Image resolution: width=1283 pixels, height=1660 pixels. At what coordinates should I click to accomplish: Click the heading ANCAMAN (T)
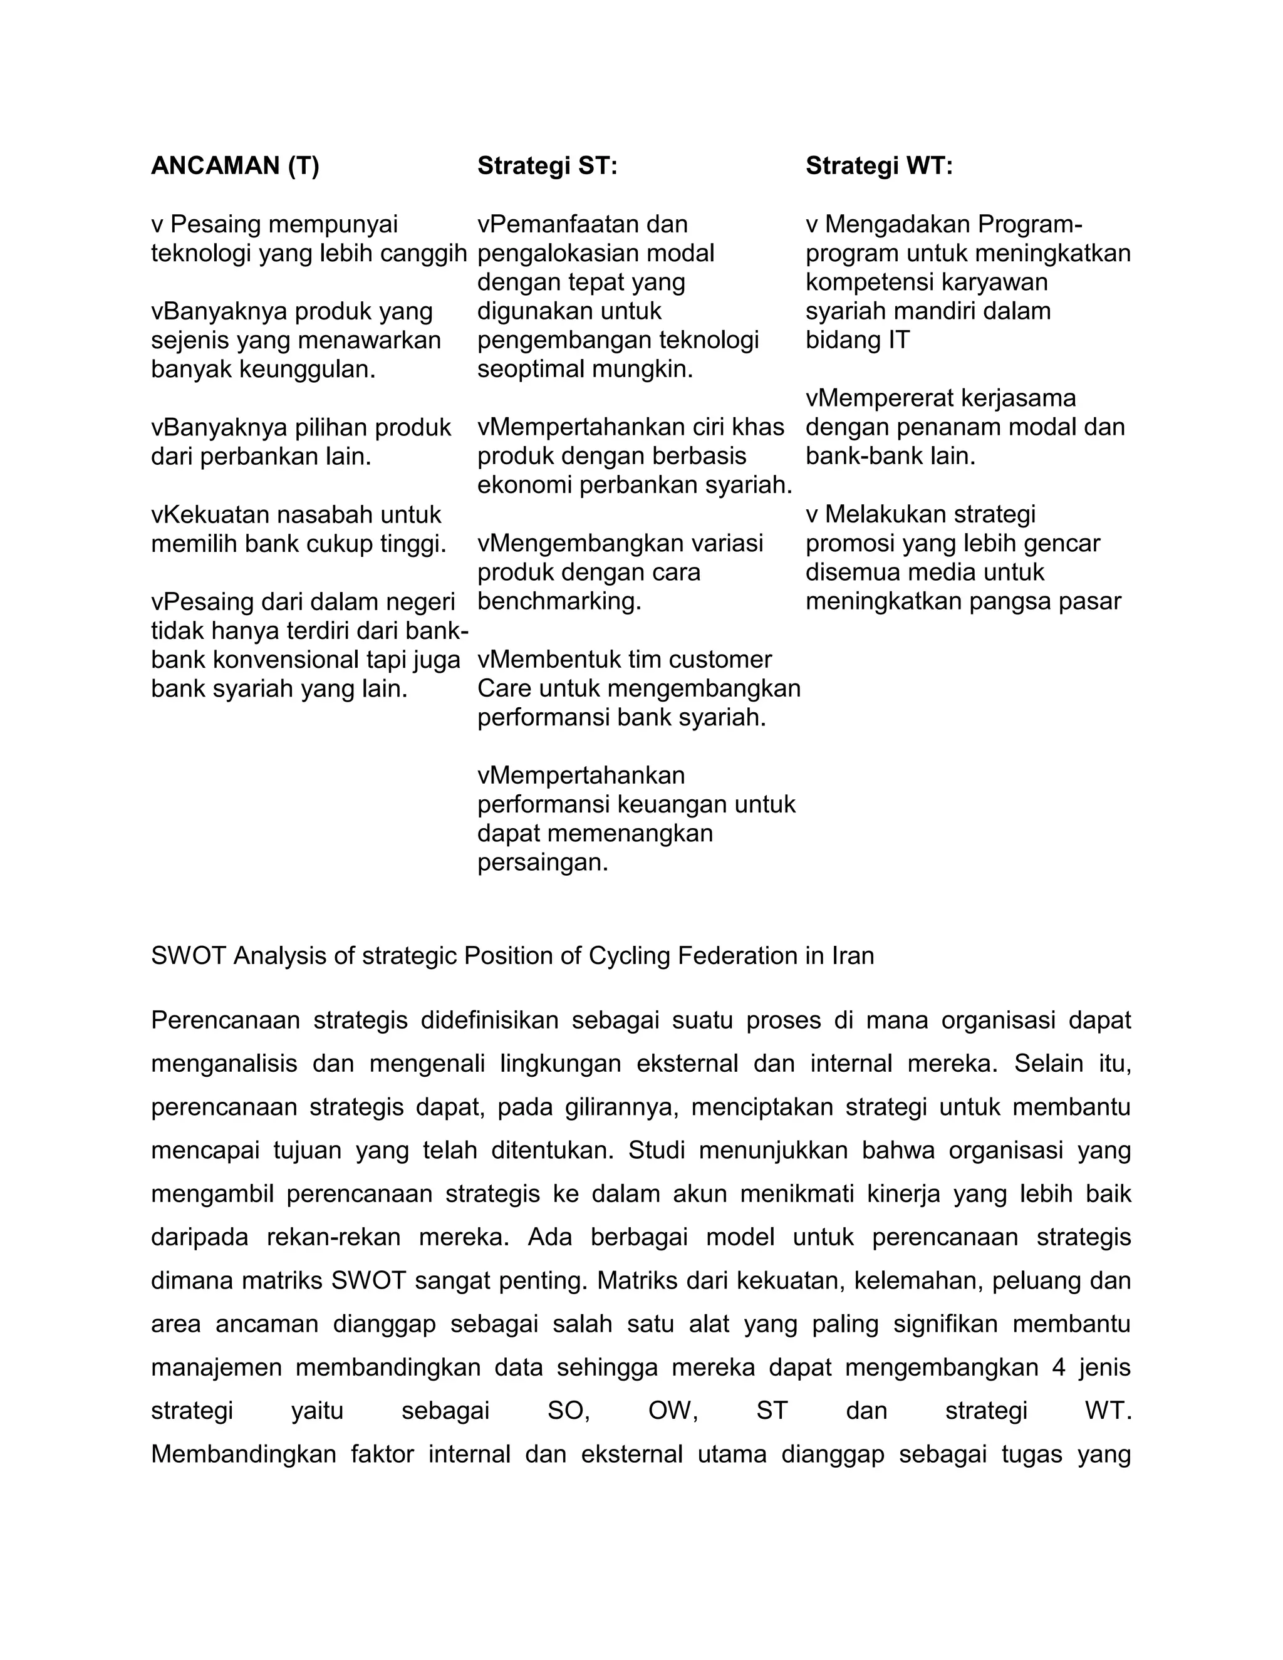click(235, 166)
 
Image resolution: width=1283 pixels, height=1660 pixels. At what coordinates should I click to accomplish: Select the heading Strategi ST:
click(548, 166)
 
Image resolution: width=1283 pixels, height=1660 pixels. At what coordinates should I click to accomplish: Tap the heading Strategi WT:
click(879, 166)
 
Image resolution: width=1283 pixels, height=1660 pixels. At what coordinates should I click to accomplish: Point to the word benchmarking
click(559, 601)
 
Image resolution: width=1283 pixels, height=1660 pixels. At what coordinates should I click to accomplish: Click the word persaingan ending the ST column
click(543, 863)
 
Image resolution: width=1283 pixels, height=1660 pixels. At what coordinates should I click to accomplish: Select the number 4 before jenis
click(1059, 1367)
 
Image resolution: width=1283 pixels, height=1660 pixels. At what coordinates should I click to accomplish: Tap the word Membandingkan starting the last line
click(243, 1454)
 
